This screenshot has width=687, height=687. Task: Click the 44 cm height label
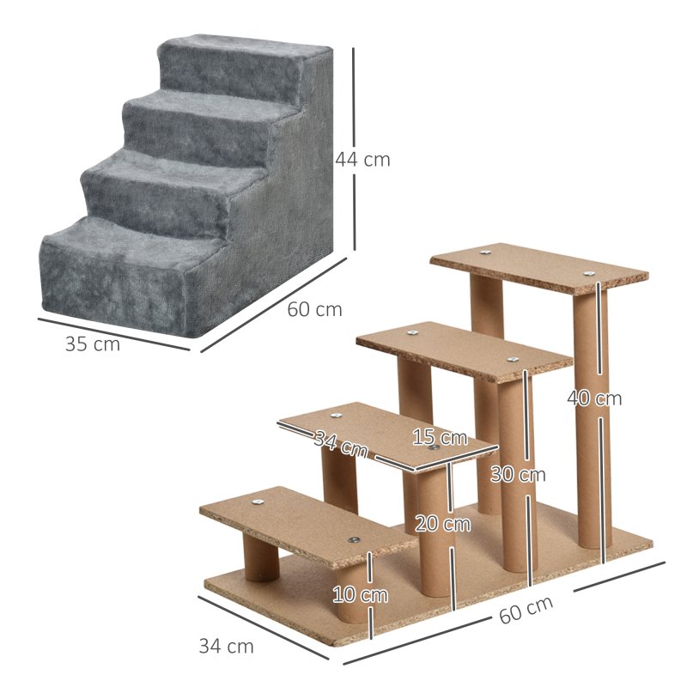click(362, 159)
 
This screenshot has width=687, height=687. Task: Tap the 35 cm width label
click(93, 344)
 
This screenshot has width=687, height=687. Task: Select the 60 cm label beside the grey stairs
click(314, 309)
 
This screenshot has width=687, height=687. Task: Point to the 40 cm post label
click(594, 398)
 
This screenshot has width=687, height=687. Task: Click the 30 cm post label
click(518, 474)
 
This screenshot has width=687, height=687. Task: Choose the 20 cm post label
click(442, 522)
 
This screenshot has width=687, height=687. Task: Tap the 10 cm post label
click(361, 594)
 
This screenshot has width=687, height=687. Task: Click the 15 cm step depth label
click(439, 437)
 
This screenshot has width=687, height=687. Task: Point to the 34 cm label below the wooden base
click(226, 646)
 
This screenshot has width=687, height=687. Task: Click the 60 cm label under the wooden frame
click(526, 609)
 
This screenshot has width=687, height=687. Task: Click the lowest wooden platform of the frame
click(301, 524)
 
